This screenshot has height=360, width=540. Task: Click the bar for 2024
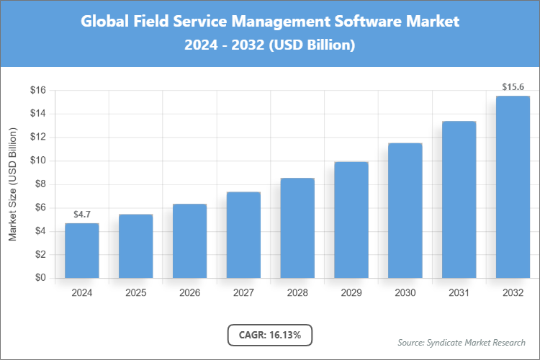click(x=81, y=251)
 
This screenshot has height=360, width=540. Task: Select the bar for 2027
click(x=243, y=235)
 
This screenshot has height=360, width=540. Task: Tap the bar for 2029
click(x=351, y=220)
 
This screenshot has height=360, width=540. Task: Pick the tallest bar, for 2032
click(x=513, y=187)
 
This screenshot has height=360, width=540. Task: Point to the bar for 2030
click(x=405, y=210)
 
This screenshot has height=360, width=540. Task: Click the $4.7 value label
click(x=81, y=215)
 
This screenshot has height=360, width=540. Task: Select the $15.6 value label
click(x=513, y=87)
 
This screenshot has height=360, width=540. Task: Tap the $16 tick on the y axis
click(x=37, y=90)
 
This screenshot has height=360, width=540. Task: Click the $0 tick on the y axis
click(x=40, y=278)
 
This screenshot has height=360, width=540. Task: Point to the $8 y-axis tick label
click(x=40, y=184)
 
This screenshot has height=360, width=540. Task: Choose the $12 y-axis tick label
click(x=37, y=137)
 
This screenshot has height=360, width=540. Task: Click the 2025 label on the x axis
click(x=135, y=293)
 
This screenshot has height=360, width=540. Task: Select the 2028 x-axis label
click(x=297, y=293)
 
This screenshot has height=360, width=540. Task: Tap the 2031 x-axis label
click(x=459, y=293)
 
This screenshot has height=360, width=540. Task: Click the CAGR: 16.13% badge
click(x=270, y=334)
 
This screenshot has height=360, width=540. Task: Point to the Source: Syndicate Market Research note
click(x=461, y=342)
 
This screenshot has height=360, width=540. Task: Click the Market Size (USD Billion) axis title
click(x=12, y=184)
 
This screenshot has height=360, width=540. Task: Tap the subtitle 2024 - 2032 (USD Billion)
click(x=270, y=45)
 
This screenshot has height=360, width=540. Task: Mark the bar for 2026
click(x=189, y=240)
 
